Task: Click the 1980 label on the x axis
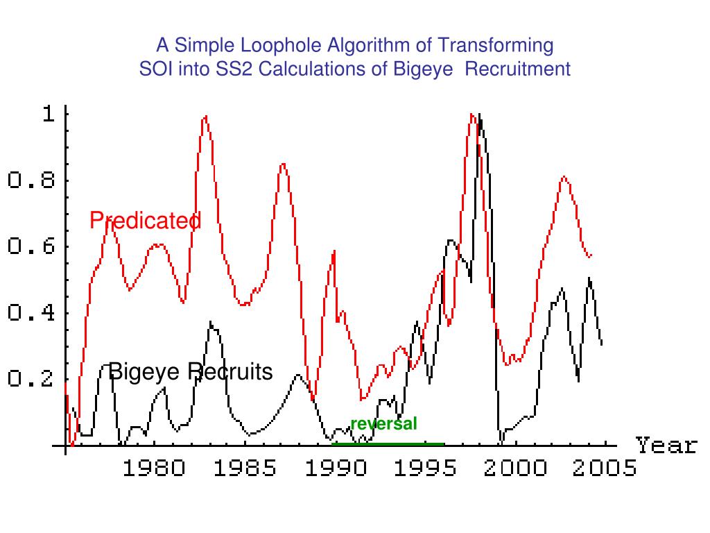154,469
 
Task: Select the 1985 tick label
245,469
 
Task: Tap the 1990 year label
335,469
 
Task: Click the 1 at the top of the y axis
48,115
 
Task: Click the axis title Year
666,445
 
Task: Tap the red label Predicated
146,221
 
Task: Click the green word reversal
383,423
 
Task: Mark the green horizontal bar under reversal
388,443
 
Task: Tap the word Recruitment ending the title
517,69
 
